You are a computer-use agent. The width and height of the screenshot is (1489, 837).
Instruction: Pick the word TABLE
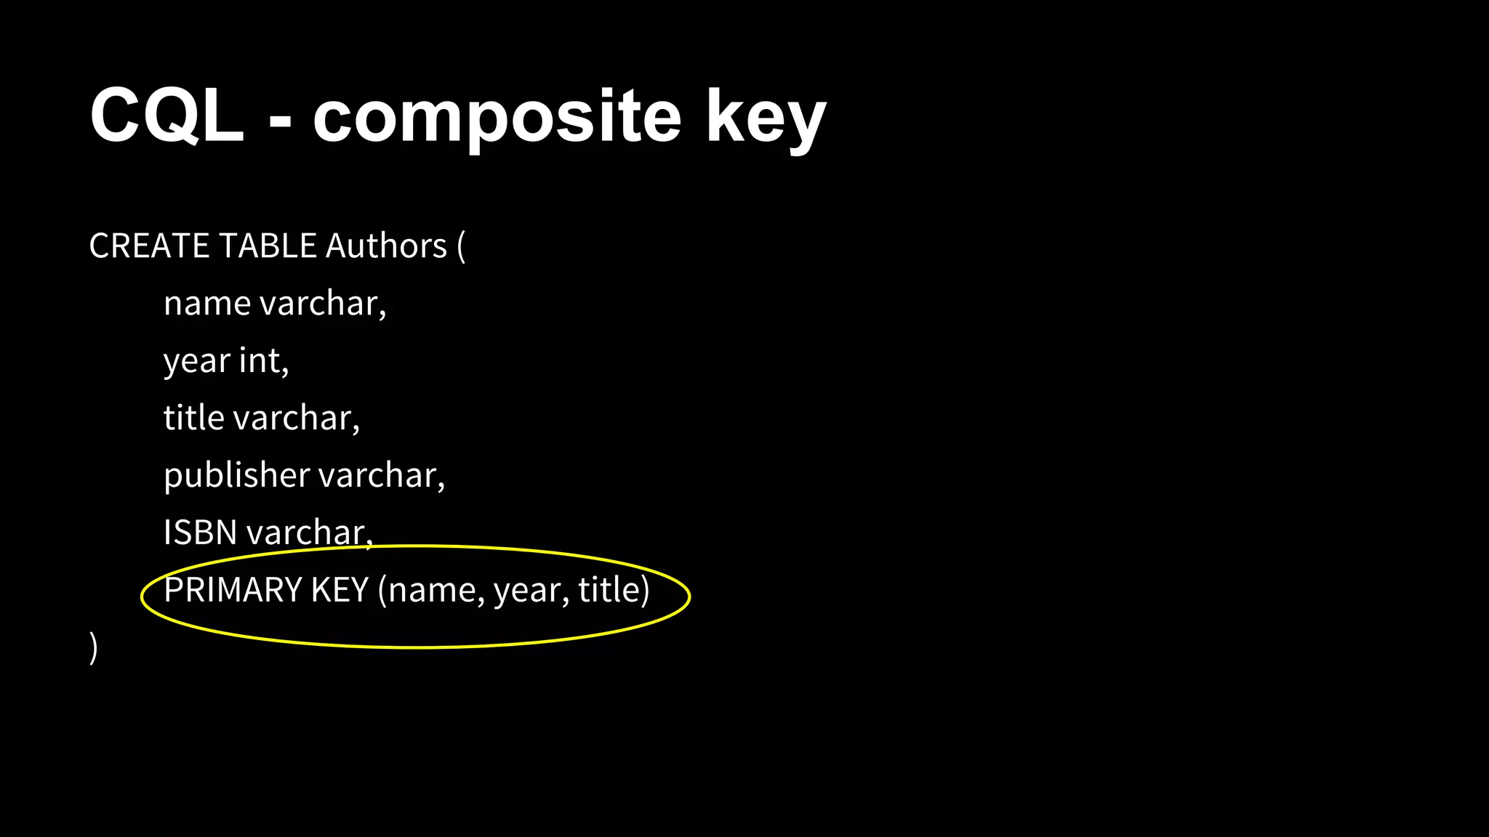(268, 246)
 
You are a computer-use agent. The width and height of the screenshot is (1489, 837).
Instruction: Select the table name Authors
(386, 246)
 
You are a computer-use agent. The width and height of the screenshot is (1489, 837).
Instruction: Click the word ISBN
(201, 533)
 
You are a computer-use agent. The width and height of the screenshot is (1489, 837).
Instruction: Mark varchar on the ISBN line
(310, 533)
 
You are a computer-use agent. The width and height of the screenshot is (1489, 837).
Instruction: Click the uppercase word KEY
(340, 589)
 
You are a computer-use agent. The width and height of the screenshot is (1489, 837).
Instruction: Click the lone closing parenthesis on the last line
(94, 647)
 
